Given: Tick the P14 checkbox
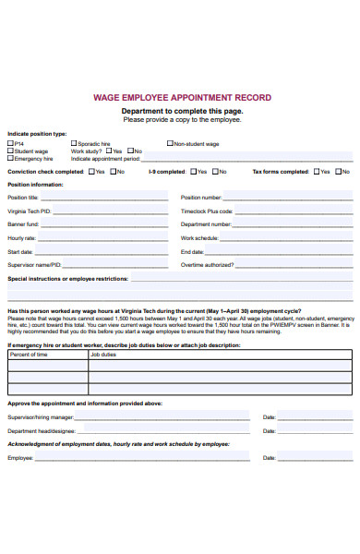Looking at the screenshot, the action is click(10, 143).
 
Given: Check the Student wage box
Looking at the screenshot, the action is click(10, 151).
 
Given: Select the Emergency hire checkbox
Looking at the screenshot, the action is click(10, 158).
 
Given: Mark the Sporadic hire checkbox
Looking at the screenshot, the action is click(74, 143).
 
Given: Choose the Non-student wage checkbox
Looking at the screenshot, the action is click(170, 143).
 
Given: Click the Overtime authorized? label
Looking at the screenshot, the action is click(207, 265).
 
